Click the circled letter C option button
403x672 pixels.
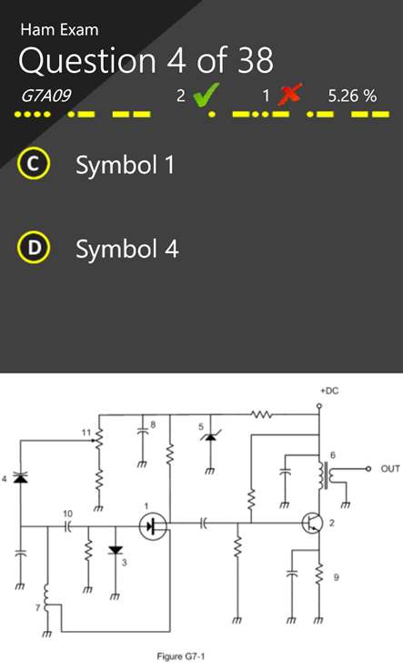[34, 164]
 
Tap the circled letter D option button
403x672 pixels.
[34, 248]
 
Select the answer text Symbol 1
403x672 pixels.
[125, 165]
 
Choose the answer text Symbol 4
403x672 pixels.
[126, 249]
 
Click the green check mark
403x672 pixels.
[206, 95]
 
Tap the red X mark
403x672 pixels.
[289, 94]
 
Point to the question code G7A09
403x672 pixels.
[46, 96]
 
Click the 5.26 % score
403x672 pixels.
[352, 96]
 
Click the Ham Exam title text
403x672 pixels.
[59, 29]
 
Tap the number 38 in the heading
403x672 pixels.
[256, 60]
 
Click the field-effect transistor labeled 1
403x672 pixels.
[154, 526]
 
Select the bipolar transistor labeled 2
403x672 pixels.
[311, 523]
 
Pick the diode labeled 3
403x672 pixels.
[116, 550]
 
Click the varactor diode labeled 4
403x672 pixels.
[20, 477]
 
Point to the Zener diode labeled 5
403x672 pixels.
[210, 437]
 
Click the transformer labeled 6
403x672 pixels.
[327, 475]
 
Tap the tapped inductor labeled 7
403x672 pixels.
[47, 596]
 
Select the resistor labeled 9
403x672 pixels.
[318, 574]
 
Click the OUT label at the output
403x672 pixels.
[390, 468]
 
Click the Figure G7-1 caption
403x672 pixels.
[181, 657]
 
